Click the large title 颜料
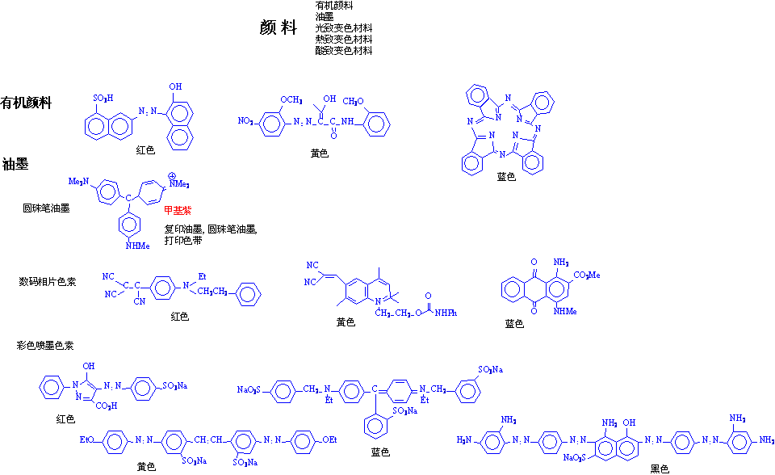[279, 28]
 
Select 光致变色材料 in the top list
[344, 27]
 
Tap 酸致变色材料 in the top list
[344, 50]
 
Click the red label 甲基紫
[178, 211]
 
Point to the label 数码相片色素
[47, 282]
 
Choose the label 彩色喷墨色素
[45, 345]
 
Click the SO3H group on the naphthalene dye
[103, 99]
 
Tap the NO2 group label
[246, 121]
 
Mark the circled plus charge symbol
[172, 175]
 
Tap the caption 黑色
[660, 468]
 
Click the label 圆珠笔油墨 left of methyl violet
[46, 208]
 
